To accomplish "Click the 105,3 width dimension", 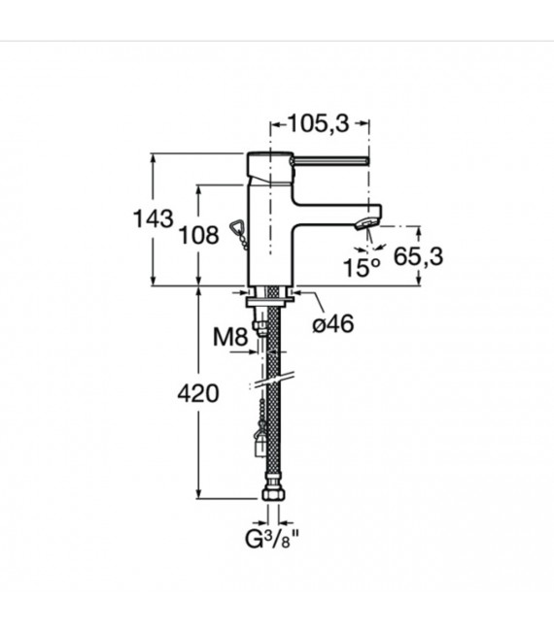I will pyautogui.click(x=318, y=124).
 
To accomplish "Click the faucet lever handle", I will pyautogui.click(x=330, y=159).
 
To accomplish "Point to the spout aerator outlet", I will pyautogui.click(x=366, y=224).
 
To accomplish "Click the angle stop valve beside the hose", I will pyautogui.click(x=258, y=441).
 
